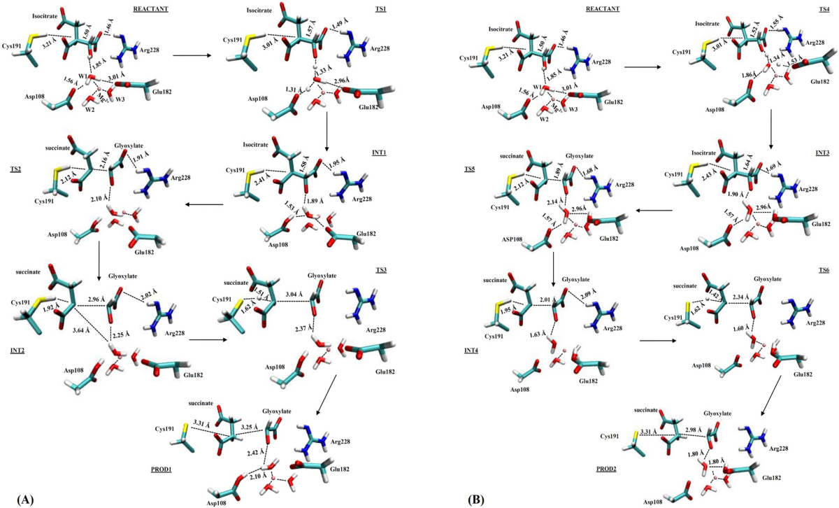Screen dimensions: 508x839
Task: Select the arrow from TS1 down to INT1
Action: [327, 129]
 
